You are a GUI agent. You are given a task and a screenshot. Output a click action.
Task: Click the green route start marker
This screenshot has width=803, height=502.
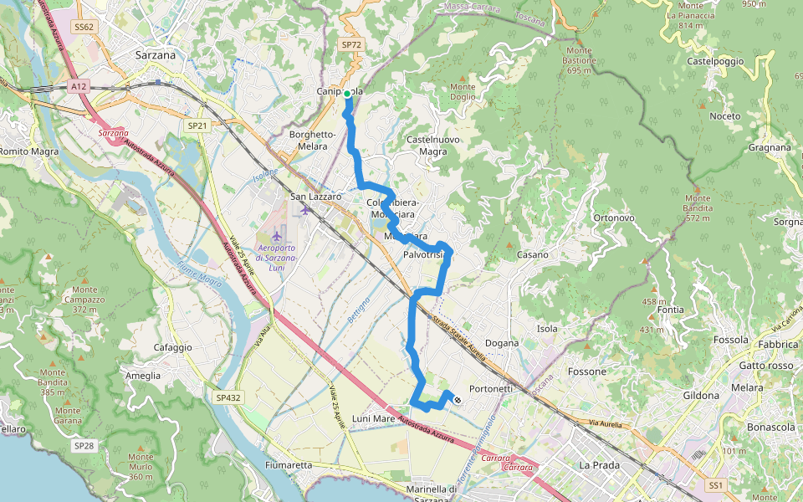tap(347, 94)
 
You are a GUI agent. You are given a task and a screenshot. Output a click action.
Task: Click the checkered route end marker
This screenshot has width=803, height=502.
tap(457, 400)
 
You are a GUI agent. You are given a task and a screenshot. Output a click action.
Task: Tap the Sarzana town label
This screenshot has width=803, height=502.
tap(156, 55)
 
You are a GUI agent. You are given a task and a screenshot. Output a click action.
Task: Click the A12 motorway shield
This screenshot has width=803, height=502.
tap(79, 85)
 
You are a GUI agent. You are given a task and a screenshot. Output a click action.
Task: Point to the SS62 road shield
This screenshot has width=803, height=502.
tap(84, 27)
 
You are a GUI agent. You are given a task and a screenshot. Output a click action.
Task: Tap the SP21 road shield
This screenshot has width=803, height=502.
tap(197, 125)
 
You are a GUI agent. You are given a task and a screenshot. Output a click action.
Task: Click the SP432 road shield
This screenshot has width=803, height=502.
tap(227, 397)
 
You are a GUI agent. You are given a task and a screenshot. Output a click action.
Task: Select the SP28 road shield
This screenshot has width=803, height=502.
tap(83, 446)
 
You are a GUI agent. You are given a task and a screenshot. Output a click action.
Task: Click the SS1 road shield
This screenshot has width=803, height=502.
tap(715, 484)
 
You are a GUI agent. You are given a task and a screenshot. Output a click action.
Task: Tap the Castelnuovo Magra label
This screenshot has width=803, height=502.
tap(427, 145)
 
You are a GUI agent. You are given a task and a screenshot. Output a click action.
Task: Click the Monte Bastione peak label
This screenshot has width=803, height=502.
tap(579, 60)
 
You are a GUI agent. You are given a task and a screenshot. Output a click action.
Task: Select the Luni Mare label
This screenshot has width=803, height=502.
tap(373, 417)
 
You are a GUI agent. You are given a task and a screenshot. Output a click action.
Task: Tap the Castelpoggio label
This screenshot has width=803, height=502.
tap(715, 62)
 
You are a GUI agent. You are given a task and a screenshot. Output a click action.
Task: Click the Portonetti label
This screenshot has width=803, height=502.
tap(491, 388)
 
